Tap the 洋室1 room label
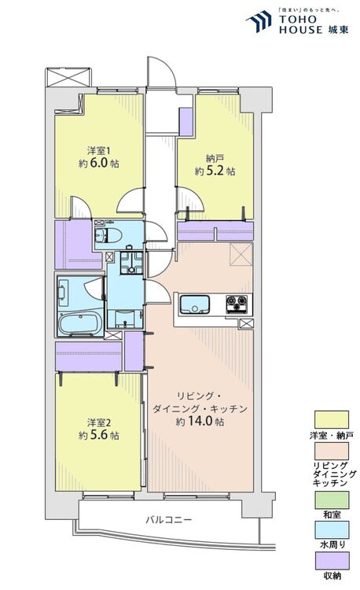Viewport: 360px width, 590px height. tap(99, 151)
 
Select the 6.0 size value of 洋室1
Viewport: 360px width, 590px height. tap(98, 163)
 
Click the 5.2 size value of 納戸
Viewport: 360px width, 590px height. tap(215, 171)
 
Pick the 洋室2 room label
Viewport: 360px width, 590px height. tap(99, 422)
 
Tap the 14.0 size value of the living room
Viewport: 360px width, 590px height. tap(199, 421)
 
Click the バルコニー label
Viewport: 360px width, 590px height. tap(169, 520)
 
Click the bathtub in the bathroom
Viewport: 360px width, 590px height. tap(81, 322)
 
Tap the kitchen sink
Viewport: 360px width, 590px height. tap(195, 304)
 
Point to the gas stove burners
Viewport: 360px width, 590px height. tap(237, 304)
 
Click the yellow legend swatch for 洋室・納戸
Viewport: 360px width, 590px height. tap(332, 419)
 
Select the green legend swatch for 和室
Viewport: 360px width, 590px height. tap(332, 500)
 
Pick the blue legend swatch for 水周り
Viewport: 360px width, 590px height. tap(332, 529)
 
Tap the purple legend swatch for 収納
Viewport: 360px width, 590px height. tap(332, 561)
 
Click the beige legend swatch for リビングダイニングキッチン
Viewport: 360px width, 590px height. tap(332, 451)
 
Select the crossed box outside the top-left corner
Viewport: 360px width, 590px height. tap(68, 77)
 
